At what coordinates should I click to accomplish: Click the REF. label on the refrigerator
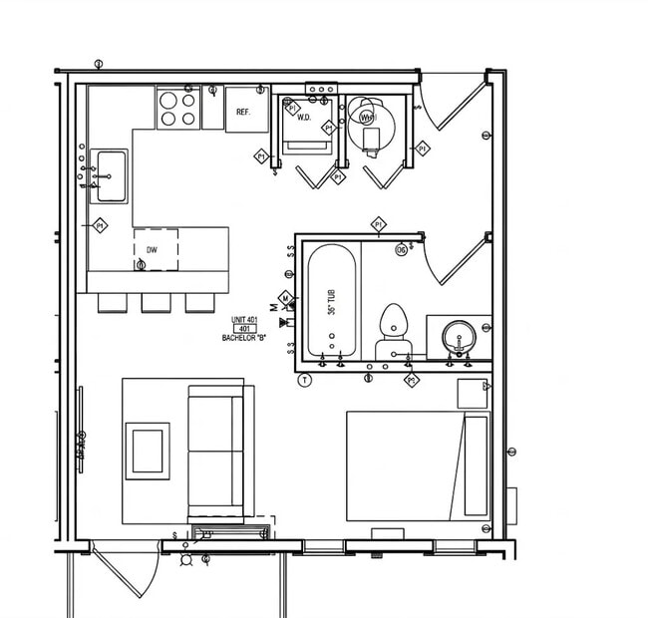click(242, 112)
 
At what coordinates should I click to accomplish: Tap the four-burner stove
click(177, 109)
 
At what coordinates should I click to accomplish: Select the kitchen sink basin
click(109, 175)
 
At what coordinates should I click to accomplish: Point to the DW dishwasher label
click(152, 250)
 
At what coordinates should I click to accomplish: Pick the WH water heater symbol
click(367, 118)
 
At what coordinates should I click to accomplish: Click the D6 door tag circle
click(402, 249)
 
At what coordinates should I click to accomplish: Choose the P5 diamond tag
click(411, 381)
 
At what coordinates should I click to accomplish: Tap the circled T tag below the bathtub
click(305, 380)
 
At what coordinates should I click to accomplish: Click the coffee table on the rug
click(147, 451)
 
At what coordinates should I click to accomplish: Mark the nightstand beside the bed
click(471, 393)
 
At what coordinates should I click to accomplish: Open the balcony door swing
click(125, 573)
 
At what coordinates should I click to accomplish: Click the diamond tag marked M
click(285, 298)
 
